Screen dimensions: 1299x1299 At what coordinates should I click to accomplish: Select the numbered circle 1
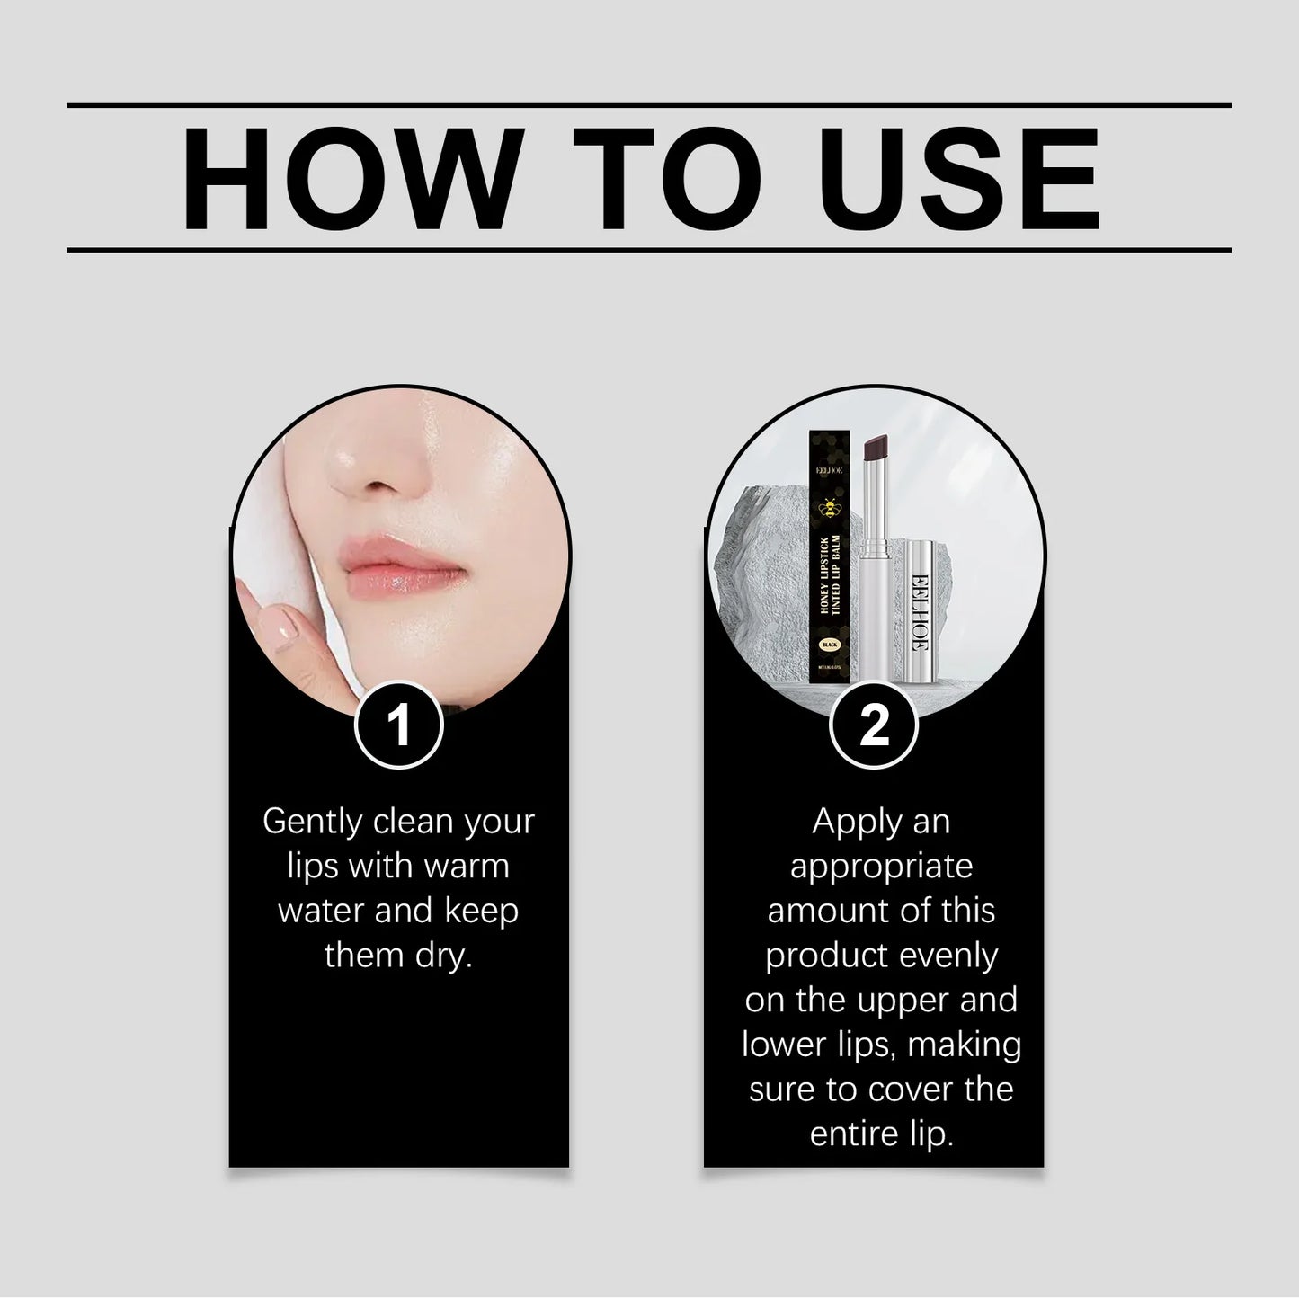click(399, 725)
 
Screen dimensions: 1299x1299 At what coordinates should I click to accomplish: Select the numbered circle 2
click(873, 725)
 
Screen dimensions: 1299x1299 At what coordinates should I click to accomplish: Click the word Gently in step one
click(311, 823)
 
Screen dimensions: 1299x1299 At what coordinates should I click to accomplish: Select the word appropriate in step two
click(881, 867)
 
